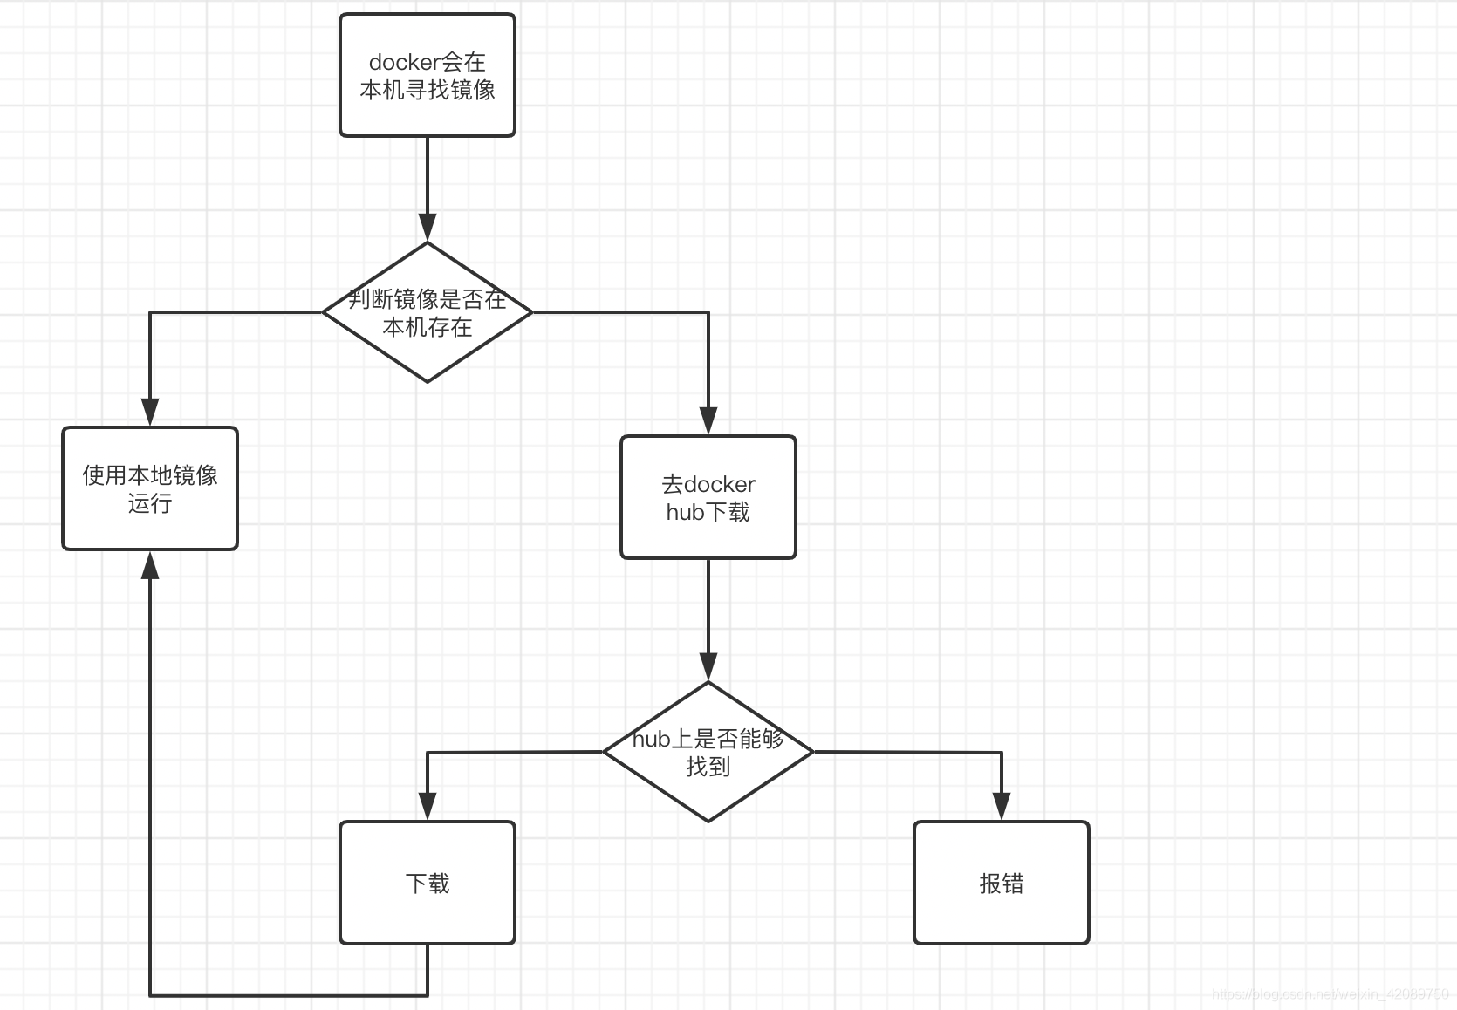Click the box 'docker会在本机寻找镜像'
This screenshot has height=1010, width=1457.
428,75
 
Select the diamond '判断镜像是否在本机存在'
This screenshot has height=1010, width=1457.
428,311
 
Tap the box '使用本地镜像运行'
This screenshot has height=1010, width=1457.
150,488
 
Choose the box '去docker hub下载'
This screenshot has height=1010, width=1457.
708,497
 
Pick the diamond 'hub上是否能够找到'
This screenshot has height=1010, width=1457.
708,752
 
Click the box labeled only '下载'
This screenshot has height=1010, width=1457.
428,883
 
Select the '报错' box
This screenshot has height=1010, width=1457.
1002,883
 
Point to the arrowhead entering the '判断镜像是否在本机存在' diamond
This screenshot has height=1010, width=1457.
428,229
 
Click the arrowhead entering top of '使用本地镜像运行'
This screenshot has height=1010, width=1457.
150,413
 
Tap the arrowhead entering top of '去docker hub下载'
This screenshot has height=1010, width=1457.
708,421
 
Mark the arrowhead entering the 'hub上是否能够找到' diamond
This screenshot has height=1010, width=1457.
708,667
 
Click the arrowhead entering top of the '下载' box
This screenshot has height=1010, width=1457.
428,807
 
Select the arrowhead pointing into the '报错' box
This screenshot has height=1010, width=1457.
1002,807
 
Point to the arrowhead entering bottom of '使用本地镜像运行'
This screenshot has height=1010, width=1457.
150,565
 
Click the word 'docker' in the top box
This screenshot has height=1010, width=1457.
404,62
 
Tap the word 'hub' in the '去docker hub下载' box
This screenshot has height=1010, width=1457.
685,512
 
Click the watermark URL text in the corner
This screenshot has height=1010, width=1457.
1330,993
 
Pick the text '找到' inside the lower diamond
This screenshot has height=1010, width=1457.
708,767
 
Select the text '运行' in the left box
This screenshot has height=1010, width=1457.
150,503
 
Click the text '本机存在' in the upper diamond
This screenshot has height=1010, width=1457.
428,327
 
